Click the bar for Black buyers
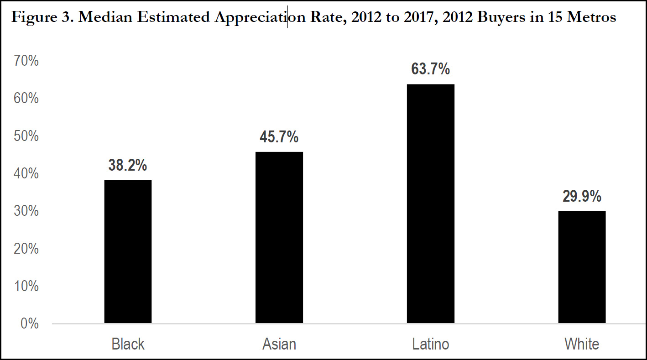(128, 252)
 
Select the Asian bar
(279, 238)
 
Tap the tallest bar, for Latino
(430, 204)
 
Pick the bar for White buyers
(582, 267)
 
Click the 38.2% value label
(128, 166)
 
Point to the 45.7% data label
(279, 137)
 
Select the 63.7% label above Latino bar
(430, 70)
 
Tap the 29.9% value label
(582, 197)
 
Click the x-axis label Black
(128, 344)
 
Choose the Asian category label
(279, 344)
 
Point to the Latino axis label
(430, 344)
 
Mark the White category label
(582, 344)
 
